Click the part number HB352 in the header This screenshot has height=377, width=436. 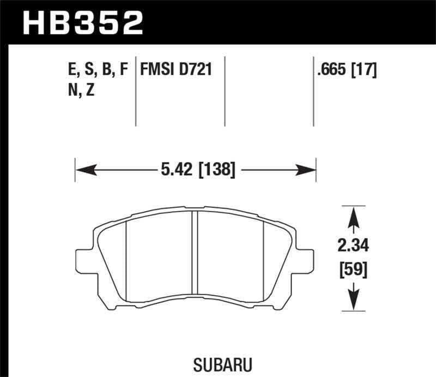pos(82,22)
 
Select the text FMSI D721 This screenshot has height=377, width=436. pos(176,70)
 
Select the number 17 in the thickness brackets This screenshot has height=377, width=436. pos(366,70)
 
